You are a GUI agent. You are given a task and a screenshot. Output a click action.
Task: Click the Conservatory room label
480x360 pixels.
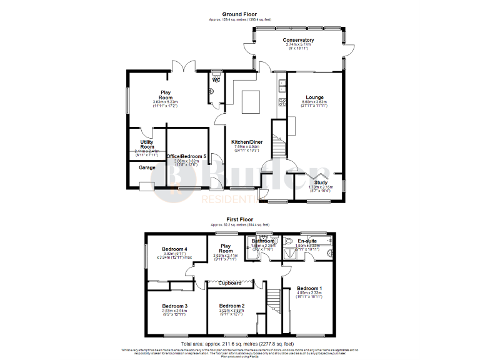298,40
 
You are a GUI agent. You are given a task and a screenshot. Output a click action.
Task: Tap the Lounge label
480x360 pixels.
314,97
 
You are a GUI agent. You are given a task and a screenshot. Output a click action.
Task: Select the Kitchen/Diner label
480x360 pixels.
247,142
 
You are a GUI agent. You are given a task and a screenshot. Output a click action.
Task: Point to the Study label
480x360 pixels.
321,182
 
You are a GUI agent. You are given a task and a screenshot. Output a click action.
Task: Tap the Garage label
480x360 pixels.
138,167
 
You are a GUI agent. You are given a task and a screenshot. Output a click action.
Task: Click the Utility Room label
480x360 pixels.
147,144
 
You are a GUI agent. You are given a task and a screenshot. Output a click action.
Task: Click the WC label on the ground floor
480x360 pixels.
216,80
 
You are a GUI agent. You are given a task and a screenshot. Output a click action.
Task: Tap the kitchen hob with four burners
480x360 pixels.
282,102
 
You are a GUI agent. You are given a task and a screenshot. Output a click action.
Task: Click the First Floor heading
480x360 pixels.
239,219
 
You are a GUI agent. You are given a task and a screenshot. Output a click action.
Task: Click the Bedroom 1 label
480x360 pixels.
309,287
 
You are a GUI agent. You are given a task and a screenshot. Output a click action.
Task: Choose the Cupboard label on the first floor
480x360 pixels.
230,283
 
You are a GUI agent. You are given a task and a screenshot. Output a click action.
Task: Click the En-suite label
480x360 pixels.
307,241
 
